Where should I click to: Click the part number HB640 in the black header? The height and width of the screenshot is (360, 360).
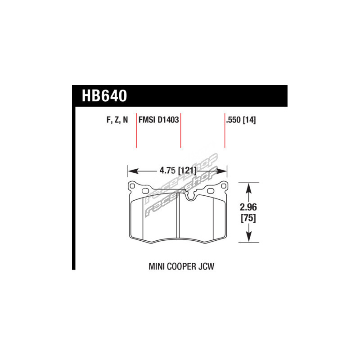tap(104, 96)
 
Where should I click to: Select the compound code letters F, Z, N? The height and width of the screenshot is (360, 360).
tap(117, 120)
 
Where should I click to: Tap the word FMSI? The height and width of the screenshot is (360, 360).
tap(147, 120)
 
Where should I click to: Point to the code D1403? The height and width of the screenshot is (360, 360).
tap(168, 120)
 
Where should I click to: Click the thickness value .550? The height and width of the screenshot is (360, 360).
tap(234, 120)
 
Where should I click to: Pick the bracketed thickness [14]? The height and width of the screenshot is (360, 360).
tap(249, 120)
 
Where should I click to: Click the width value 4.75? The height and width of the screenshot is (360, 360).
tap(167, 171)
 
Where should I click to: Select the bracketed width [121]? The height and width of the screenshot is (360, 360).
tap(187, 171)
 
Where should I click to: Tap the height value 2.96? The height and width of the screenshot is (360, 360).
tap(248, 207)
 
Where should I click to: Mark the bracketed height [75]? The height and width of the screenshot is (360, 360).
tap(248, 218)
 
